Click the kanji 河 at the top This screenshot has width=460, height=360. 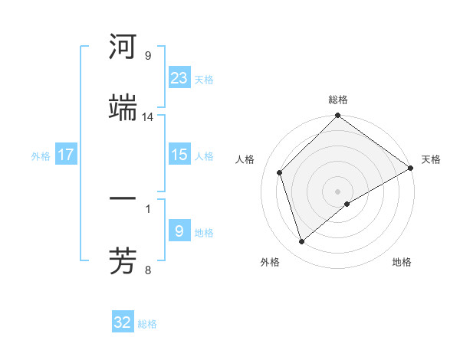pos(123,47)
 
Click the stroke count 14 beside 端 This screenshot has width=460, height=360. pos(148,117)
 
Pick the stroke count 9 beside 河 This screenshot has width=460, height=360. pos(148,56)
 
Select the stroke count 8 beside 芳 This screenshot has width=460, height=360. pos(148,270)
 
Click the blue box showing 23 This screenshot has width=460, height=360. pos(179,77)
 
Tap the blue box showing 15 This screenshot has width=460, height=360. pos(179,155)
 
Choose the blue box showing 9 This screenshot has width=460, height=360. pos(179,231)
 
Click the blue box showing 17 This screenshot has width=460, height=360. pos(66,155)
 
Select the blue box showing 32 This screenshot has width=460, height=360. pos(123,322)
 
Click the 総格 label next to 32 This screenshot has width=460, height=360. pos(147,324)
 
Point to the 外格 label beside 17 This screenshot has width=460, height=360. pos(41,156)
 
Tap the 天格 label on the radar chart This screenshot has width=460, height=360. pos(431,159)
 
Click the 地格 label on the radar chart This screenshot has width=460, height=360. pos(402,262)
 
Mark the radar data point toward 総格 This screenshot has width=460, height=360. pos(337,116)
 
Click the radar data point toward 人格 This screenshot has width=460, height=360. pos(280,172)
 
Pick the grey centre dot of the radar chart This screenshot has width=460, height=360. pos(337,191)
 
